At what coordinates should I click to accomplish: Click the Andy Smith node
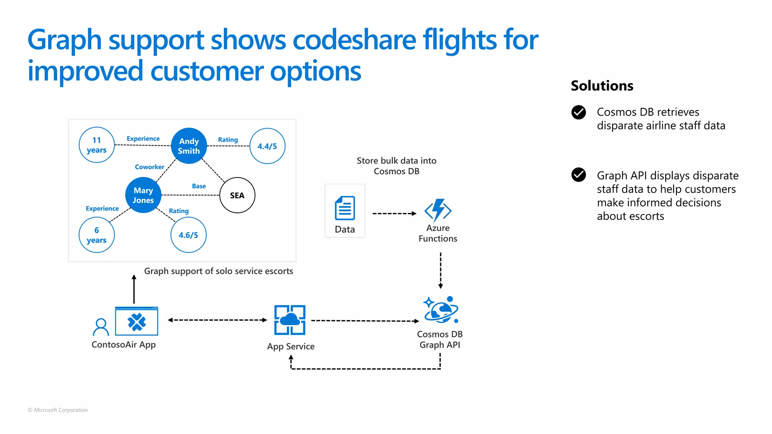click(x=189, y=146)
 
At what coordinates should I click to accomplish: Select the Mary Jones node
click(x=143, y=195)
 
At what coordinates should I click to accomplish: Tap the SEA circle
click(x=237, y=195)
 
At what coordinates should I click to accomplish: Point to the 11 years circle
click(x=96, y=145)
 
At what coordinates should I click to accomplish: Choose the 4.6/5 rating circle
click(x=188, y=235)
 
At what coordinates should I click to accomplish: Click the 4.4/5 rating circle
click(x=267, y=146)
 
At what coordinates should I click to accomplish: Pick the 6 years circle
click(x=96, y=235)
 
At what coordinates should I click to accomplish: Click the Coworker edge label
click(x=150, y=167)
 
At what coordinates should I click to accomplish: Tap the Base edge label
click(x=199, y=186)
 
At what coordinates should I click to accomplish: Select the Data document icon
click(x=345, y=208)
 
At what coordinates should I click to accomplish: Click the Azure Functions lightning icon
click(x=438, y=210)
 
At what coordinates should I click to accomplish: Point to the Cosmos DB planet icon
click(x=441, y=310)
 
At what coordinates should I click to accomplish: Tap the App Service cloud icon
click(x=289, y=320)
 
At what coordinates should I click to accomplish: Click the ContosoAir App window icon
click(x=136, y=321)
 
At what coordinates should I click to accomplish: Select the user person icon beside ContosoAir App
click(x=101, y=327)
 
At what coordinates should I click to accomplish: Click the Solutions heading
click(x=602, y=86)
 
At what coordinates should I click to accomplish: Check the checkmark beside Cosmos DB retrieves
click(x=579, y=112)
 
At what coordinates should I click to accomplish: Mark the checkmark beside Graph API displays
click(x=579, y=175)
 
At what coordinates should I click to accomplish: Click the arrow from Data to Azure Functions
click(x=394, y=214)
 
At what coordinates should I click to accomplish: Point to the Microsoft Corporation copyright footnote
click(x=58, y=410)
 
